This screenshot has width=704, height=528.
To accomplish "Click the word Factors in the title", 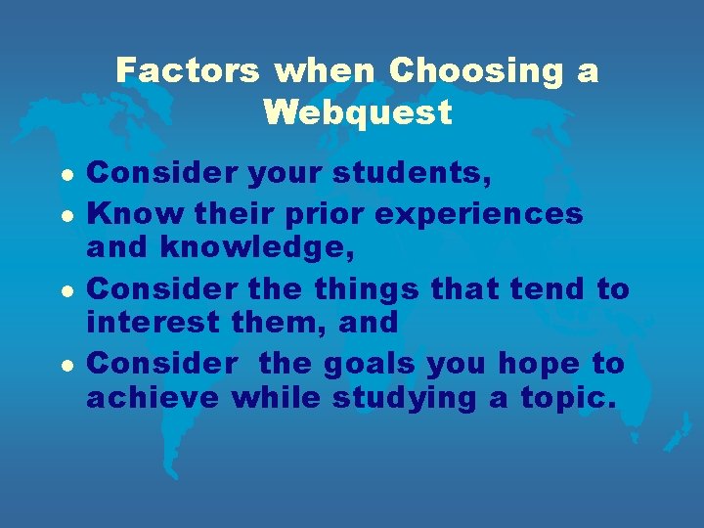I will tap(187, 71).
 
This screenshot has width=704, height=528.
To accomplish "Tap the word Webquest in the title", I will tap(358, 113).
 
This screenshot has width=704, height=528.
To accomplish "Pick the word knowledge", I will tap(261, 249).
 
